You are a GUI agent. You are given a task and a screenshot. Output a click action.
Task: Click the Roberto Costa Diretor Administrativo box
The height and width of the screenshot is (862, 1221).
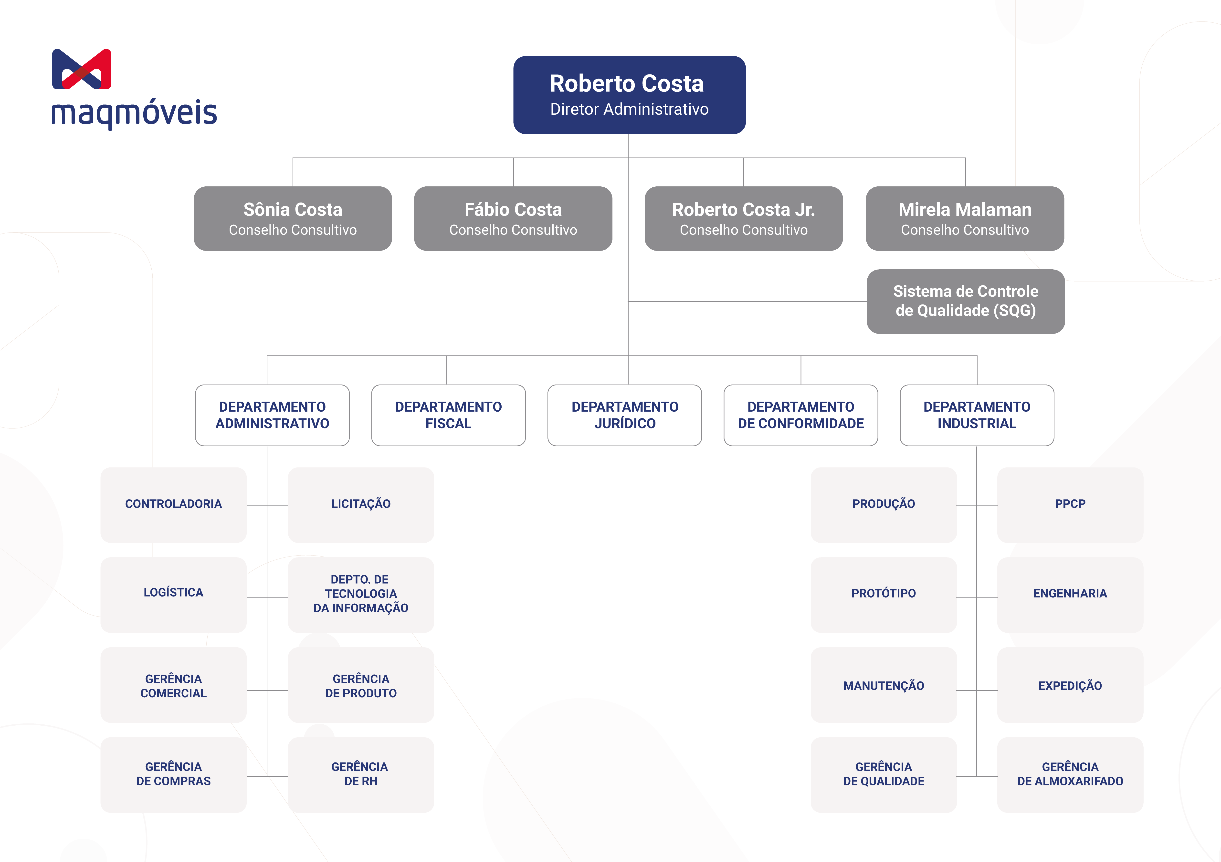629,95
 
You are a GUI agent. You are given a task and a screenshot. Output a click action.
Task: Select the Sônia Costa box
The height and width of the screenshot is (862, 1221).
293,218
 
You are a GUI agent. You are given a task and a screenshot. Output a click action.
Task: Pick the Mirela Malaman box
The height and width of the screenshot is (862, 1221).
965,218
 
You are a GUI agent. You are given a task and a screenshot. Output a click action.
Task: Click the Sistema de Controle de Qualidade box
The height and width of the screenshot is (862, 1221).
965,301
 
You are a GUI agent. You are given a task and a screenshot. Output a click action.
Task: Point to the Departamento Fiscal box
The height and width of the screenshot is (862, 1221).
448,415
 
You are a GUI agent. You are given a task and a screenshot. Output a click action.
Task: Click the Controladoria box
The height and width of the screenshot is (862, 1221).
173,504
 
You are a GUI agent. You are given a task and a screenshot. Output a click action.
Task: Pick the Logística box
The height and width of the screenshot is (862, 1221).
173,594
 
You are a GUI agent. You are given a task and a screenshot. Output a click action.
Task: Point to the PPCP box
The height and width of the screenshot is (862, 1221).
1070,504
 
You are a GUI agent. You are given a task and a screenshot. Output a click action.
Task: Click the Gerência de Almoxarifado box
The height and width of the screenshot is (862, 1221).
1070,774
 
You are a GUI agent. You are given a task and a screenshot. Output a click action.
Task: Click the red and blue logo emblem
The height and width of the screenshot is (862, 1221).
81,69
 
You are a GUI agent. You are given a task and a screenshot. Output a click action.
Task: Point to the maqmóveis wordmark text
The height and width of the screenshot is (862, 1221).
134,113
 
